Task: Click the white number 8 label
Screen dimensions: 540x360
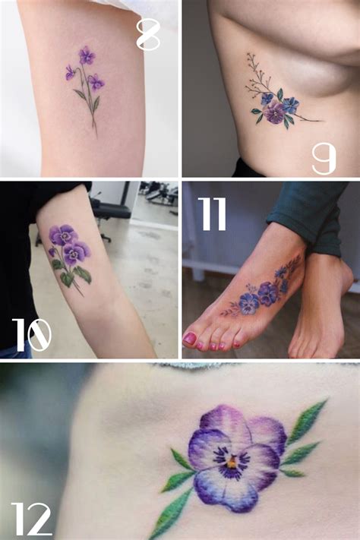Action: tap(148, 35)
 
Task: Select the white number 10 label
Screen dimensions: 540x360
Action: tap(32, 334)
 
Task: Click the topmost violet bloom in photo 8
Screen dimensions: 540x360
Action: tap(87, 55)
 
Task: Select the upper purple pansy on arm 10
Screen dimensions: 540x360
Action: tap(62, 235)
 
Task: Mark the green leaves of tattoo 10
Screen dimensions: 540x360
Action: tap(82, 274)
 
